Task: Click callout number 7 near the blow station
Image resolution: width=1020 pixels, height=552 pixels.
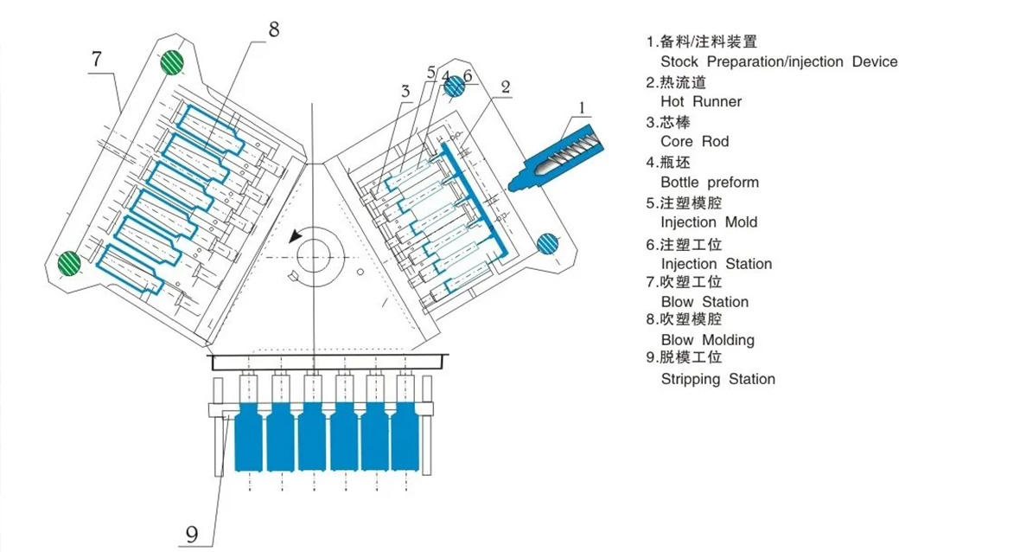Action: (97, 59)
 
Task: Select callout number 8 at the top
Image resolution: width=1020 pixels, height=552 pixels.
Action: (273, 29)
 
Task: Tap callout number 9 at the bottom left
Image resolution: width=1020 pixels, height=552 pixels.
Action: (192, 535)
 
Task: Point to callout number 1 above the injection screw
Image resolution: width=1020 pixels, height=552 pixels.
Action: (583, 108)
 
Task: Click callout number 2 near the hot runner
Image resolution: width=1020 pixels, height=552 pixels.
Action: (506, 86)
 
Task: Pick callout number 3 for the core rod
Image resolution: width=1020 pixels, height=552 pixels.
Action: (405, 91)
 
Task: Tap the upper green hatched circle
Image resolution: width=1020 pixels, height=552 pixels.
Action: (173, 62)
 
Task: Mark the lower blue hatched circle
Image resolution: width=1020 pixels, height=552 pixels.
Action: (548, 244)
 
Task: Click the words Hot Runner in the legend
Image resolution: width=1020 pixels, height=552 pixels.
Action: (701, 101)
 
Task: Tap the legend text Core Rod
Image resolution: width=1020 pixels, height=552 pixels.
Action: (694, 141)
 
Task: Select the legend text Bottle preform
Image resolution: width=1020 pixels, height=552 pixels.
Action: (709, 182)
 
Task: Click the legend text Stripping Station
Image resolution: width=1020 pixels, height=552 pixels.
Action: (717, 379)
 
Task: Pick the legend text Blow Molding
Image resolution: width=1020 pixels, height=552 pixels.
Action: (707, 340)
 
